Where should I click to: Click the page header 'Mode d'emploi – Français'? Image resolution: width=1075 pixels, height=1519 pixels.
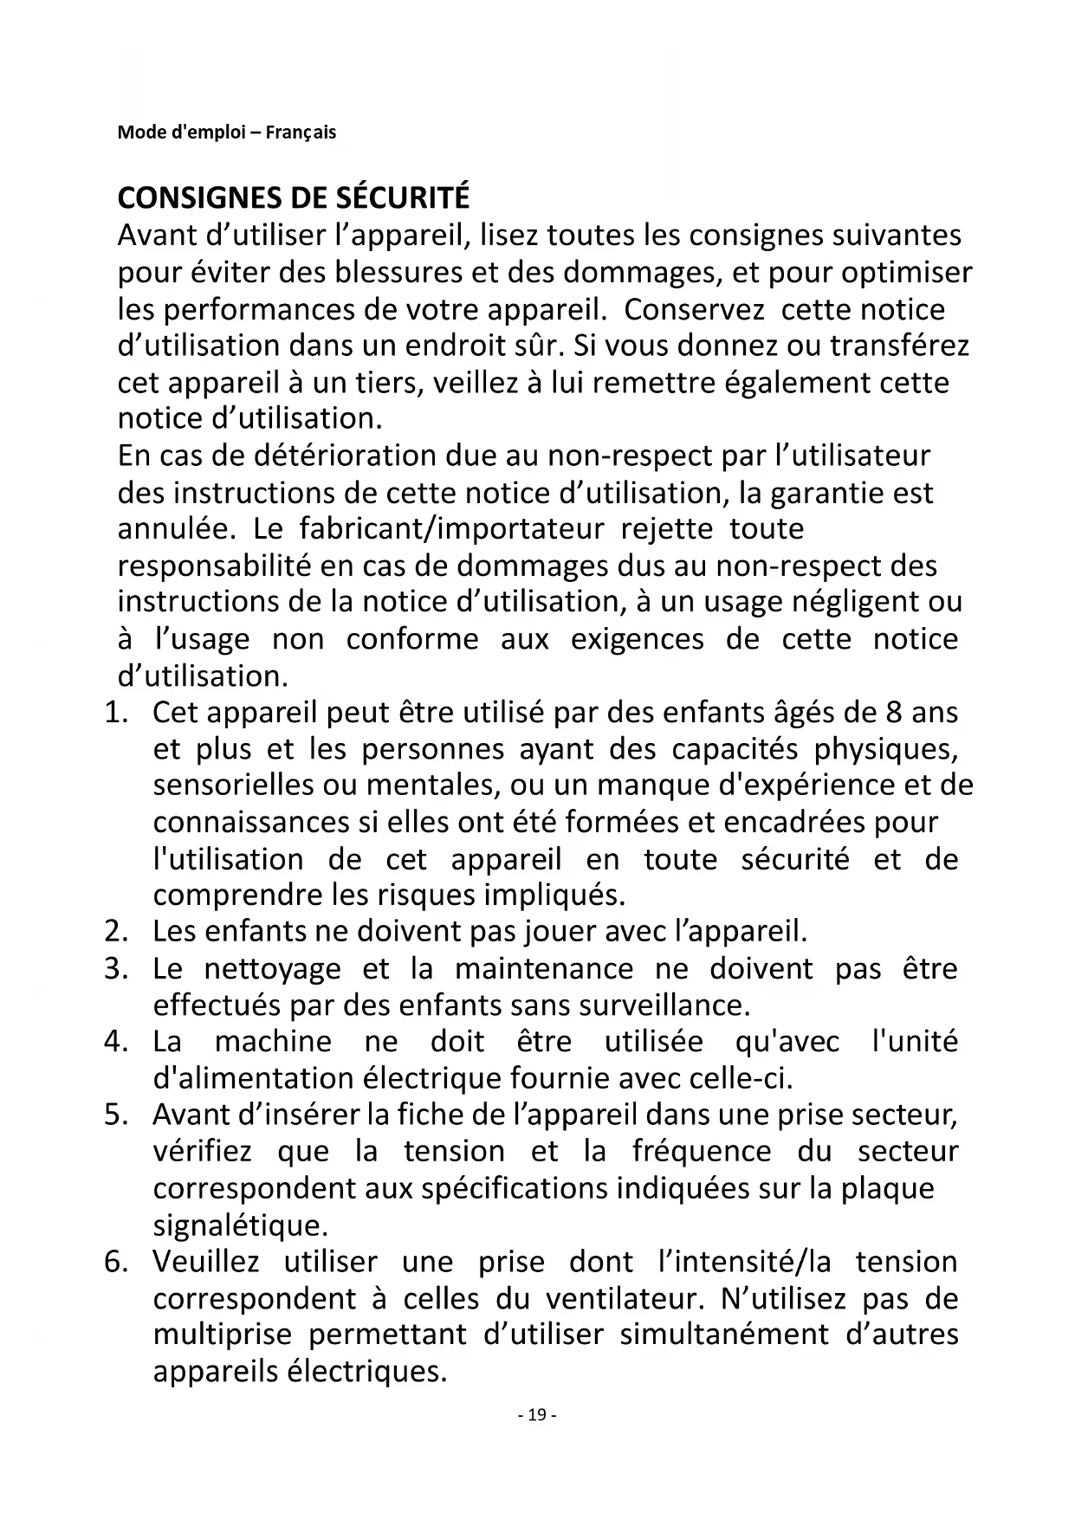[x=227, y=133]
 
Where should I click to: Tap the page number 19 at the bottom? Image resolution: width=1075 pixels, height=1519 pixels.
[x=537, y=1415]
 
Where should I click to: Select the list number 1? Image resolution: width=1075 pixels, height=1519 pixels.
[x=115, y=713]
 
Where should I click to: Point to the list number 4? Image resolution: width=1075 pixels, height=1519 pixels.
[x=115, y=1041]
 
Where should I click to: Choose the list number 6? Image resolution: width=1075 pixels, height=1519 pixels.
[x=115, y=1262]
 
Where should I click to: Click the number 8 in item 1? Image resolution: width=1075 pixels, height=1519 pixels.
[x=894, y=713]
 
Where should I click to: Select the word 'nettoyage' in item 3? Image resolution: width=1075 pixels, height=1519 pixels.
[x=273, y=968]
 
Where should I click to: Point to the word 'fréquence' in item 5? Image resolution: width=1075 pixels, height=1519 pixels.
[x=702, y=1152]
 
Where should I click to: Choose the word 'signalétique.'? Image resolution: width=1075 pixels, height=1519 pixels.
[x=241, y=1225]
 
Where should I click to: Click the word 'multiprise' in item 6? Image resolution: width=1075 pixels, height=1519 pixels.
[x=223, y=1335]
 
